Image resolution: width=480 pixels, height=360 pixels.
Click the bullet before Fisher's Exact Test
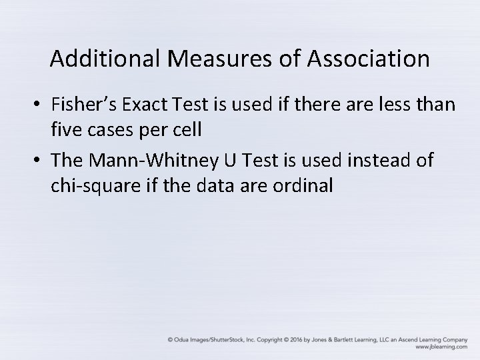click(x=37, y=105)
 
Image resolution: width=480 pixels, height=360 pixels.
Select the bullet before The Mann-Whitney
click(x=37, y=160)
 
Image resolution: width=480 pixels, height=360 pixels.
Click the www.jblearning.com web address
click(x=441, y=347)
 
